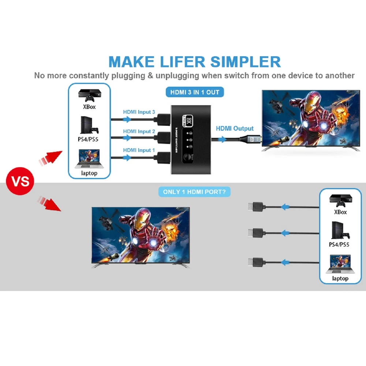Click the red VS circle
pyautogui.click(x=20, y=181)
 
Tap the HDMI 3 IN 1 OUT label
pyautogui.click(x=194, y=92)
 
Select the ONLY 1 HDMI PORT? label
pyautogui.click(x=194, y=192)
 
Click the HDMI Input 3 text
pyautogui.click(x=139, y=112)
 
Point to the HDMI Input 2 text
pyautogui.click(x=139, y=131)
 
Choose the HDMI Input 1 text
pyautogui.click(x=139, y=150)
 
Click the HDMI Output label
pyautogui.click(x=235, y=128)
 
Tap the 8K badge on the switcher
pyautogui.click(x=189, y=120)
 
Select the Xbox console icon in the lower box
pyautogui.click(x=340, y=200)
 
